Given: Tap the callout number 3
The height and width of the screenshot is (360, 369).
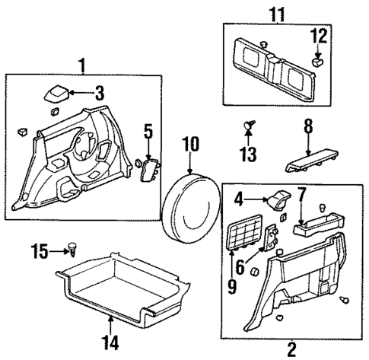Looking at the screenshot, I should [x=99, y=94].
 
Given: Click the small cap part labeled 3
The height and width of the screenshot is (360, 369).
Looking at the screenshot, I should [x=55, y=93].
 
